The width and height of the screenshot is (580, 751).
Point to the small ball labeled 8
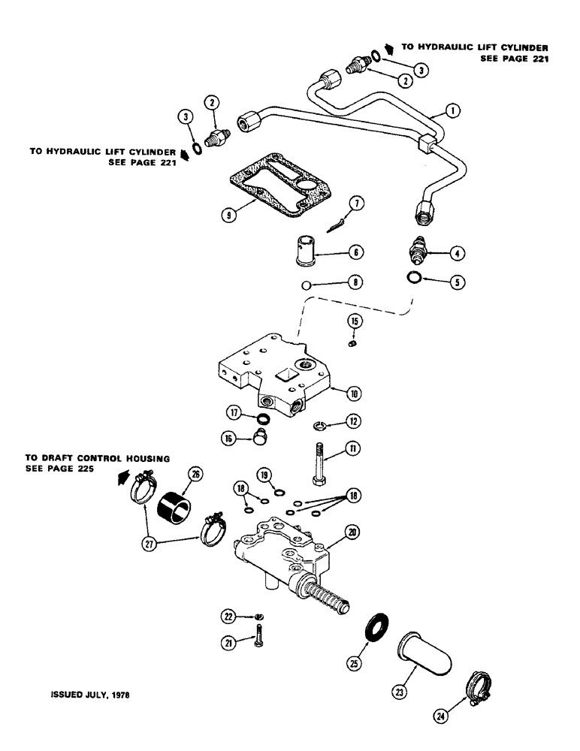[301, 285]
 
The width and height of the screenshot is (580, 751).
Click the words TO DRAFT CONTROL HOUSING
[97, 457]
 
